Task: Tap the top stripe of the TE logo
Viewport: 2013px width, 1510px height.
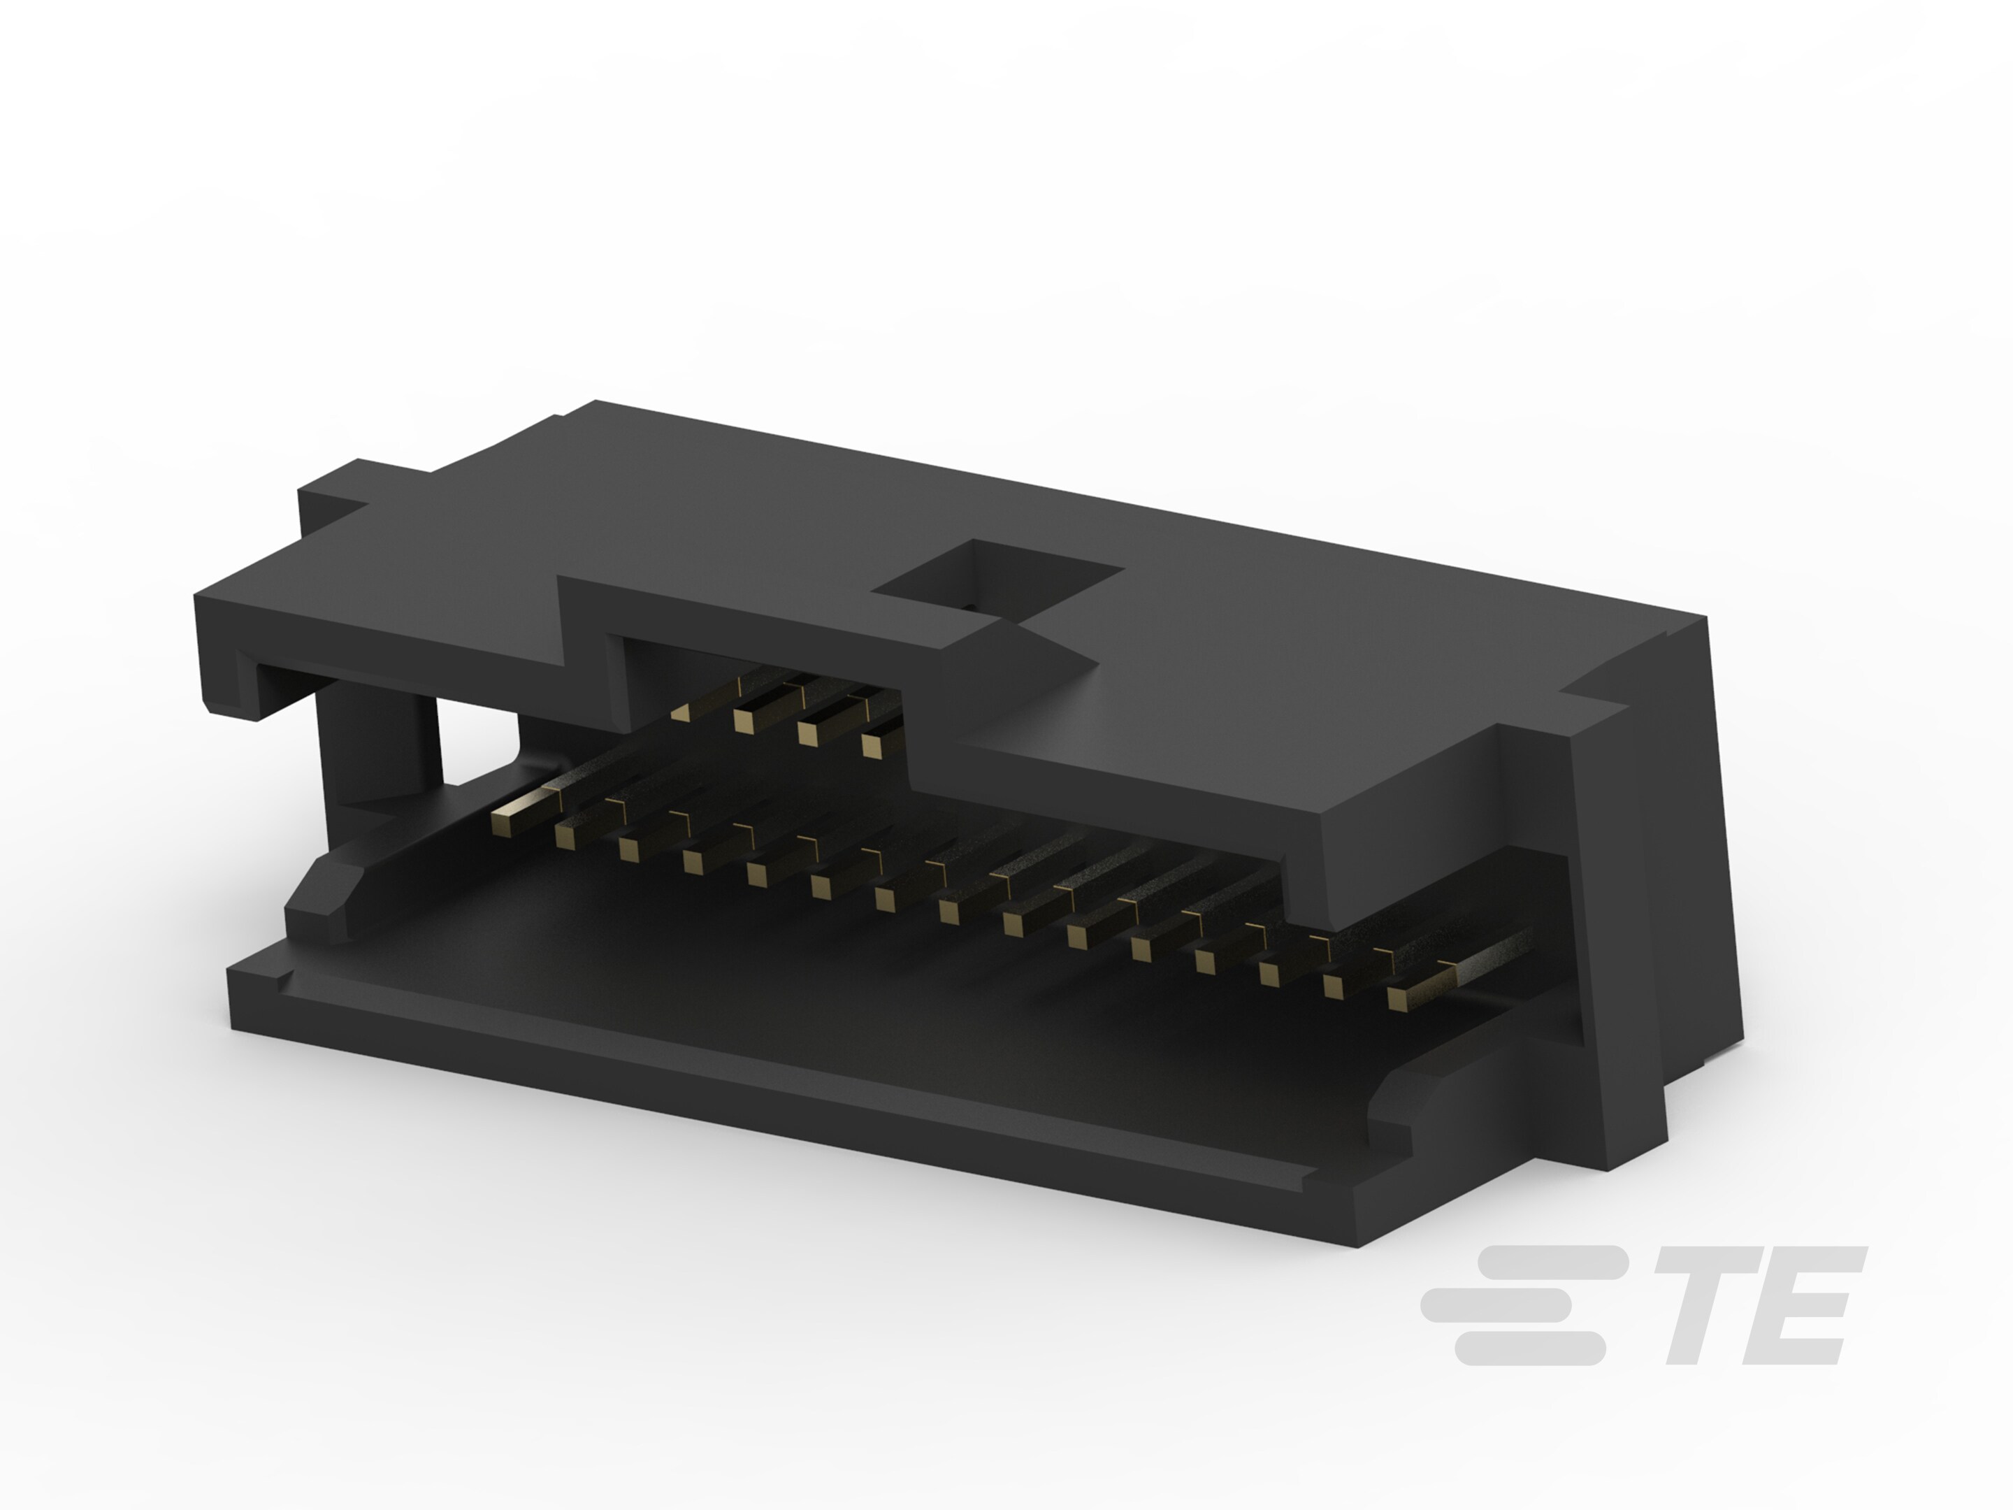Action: click(1547, 1262)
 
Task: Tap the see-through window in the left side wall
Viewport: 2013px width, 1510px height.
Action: click(478, 742)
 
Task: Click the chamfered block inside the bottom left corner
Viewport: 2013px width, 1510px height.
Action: click(323, 896)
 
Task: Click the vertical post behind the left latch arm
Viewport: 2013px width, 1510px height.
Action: click(377, 742)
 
